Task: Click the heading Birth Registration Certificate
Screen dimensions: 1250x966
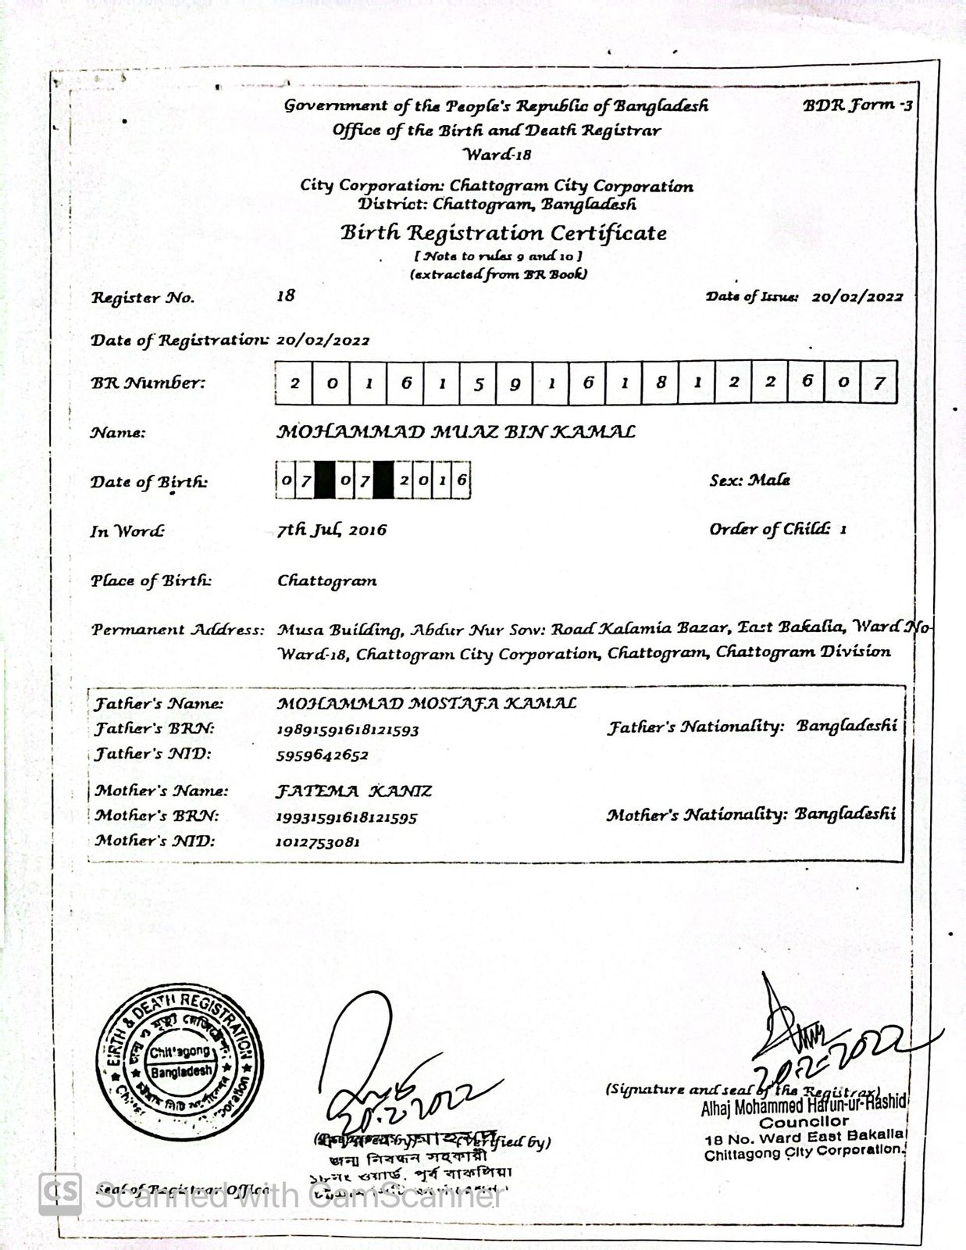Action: coord(504,233)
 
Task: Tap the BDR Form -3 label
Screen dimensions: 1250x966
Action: coord(857,105)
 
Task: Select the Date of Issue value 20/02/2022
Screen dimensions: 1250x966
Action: coord(857,297)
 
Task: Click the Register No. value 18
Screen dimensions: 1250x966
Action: coord(286,295)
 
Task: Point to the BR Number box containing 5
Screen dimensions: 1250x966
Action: coord(478,384)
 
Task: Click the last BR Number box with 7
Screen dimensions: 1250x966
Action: coord(879,384)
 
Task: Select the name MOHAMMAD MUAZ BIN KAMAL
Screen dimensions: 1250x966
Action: coord(456,432)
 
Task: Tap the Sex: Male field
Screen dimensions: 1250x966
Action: coord(749,480)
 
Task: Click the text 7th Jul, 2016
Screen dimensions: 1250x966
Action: coord(332,530)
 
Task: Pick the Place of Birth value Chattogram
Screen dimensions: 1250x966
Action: coord(327,580)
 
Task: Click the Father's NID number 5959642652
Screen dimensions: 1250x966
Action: coord(323,755)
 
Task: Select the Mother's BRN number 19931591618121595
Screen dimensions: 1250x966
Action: coord(347,818)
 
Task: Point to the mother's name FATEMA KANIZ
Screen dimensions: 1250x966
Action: coord(354,791)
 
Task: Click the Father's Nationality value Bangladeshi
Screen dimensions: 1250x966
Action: coord(847,727)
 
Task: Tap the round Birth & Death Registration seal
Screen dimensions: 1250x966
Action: coord(180,1061)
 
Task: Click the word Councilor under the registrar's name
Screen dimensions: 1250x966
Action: coord(804,1122)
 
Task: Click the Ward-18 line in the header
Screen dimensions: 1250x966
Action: coord(497,154)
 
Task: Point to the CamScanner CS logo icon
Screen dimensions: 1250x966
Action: coord(60,1195)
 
